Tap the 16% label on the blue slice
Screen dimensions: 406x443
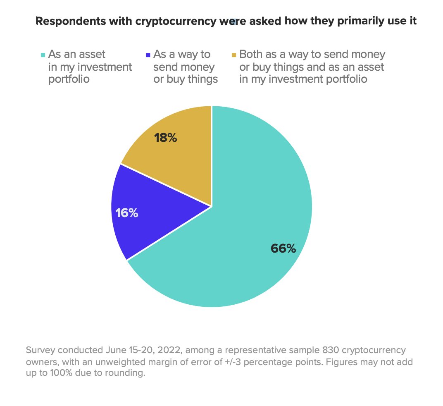(127, 213)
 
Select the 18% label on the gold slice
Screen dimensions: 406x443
(165, 138)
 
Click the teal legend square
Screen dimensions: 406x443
(43, 55)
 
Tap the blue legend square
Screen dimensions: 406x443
(148, 55)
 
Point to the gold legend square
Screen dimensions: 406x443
(234, 55)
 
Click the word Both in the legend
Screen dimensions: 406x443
(250, 55)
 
